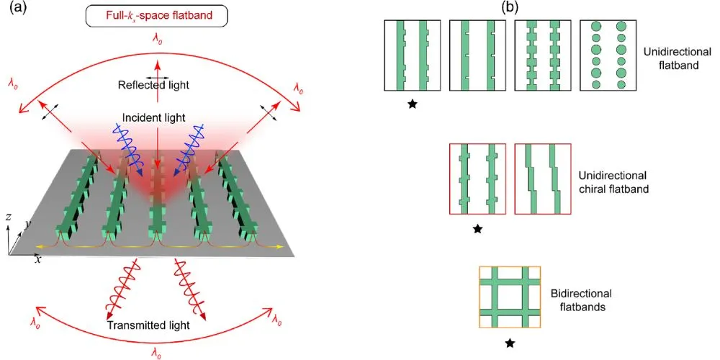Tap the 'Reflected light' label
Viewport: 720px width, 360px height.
153,85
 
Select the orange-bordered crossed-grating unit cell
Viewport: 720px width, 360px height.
510,299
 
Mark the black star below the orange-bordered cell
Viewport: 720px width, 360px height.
510,344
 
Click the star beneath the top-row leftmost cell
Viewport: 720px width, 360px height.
413,104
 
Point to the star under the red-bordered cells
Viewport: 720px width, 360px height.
477,229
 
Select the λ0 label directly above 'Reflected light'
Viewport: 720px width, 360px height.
154,41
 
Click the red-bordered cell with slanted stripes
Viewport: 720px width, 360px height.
542,179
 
